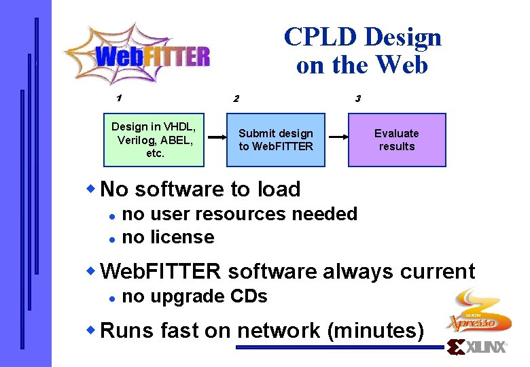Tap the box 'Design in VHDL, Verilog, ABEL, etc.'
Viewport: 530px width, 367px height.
(x=154, y=140)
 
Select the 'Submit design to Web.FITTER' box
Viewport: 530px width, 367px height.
(x=276, y=140)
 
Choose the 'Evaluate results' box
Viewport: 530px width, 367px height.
(x=397, y=140)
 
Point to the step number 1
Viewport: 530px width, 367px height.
(x=119, y=98)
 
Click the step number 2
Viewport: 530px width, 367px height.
(x=236, y=99)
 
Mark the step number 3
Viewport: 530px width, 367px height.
(x=357, y=99)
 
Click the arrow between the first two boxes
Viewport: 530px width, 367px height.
(x=217, y=137)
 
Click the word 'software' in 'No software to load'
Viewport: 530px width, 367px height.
(x=176, y=189)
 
